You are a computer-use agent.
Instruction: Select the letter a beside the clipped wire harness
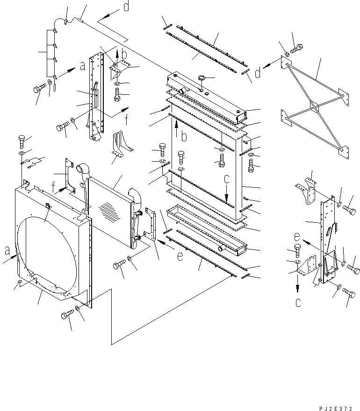(x=82, y=66)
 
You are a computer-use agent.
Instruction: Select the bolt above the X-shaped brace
(x=297, y=48)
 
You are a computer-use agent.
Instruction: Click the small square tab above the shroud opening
(x=48, y=206)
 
